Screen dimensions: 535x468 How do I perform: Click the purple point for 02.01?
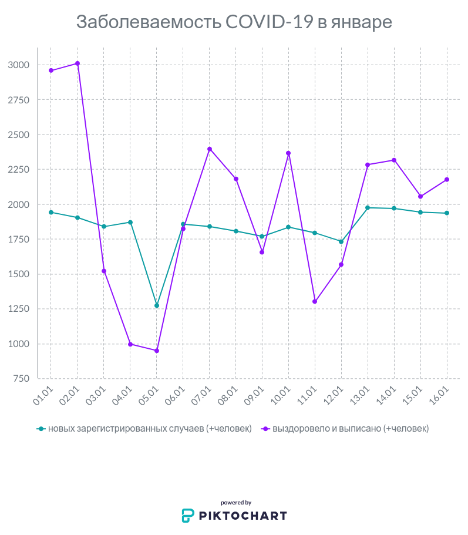(x=78, y=63)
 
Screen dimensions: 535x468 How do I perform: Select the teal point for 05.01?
(x=157, y=305)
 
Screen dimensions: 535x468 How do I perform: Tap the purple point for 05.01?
(x=157, y=351)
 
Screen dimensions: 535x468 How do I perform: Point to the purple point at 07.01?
(x=210, y=149)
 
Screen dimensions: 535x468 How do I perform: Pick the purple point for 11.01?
(x=315, y=301)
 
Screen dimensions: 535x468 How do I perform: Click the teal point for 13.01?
(x=368, y=207)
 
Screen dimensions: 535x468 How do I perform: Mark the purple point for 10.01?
(x=288, y=153)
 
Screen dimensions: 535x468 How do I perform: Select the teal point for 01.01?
(x=51, y=212)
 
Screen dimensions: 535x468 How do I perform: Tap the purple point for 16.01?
(x=447, y=179)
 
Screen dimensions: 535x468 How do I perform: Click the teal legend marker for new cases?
(x=41, y=429)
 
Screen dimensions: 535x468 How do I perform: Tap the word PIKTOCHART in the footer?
(x=242, y=516)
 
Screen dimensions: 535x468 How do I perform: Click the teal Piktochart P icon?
(x=187, y=516)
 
